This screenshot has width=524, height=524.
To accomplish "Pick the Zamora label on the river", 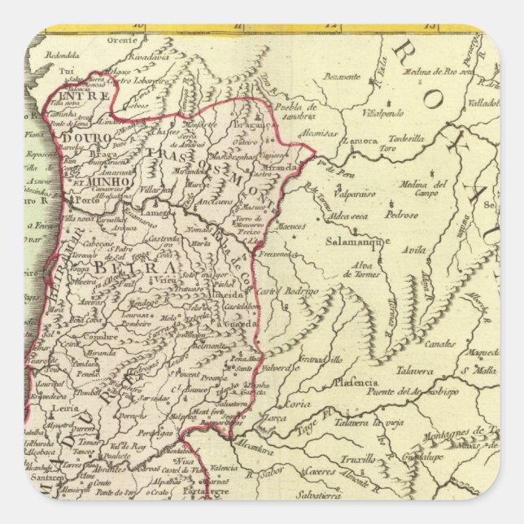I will click(360, 140).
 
